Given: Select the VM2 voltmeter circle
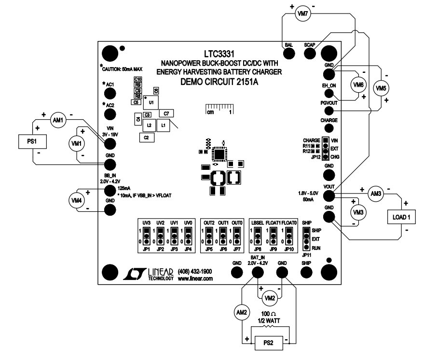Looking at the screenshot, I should pos(271,297).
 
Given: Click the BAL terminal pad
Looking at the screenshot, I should pos(289,53).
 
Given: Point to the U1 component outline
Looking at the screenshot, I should pos(151,103).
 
